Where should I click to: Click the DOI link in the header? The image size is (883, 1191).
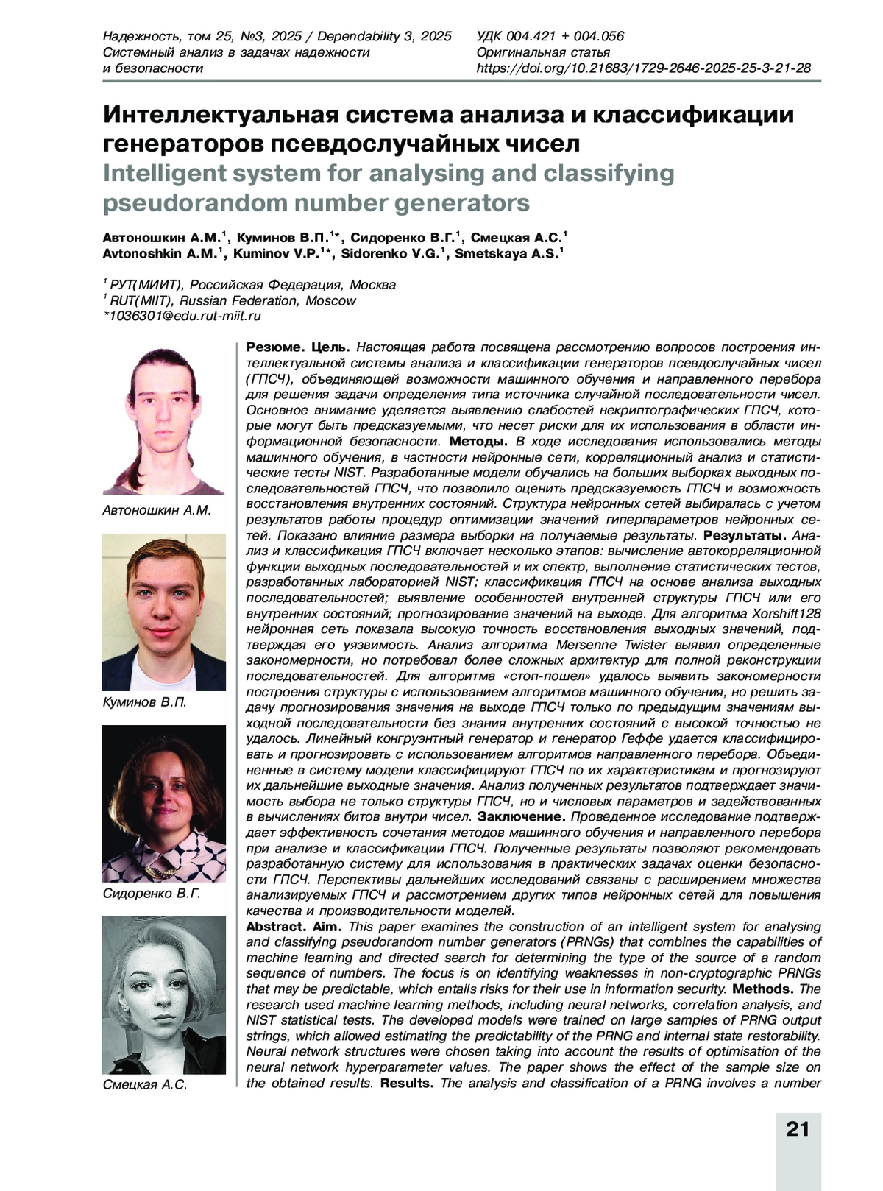pos(644,68)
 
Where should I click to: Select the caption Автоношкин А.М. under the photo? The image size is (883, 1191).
pos(157,510)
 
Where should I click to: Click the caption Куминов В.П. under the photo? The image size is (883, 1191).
pos(145,702)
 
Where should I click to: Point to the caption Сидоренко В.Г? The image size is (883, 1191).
pos(152,894)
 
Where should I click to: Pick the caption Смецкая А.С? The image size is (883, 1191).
pos(146,1084)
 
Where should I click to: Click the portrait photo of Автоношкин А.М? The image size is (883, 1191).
pos(163,420)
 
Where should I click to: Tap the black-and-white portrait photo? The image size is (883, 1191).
pos(163,994)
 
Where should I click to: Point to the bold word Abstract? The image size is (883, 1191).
pos(276,926)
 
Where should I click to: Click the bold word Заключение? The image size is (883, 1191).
pos(522,816)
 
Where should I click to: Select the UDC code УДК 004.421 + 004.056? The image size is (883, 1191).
pos(550,36)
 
